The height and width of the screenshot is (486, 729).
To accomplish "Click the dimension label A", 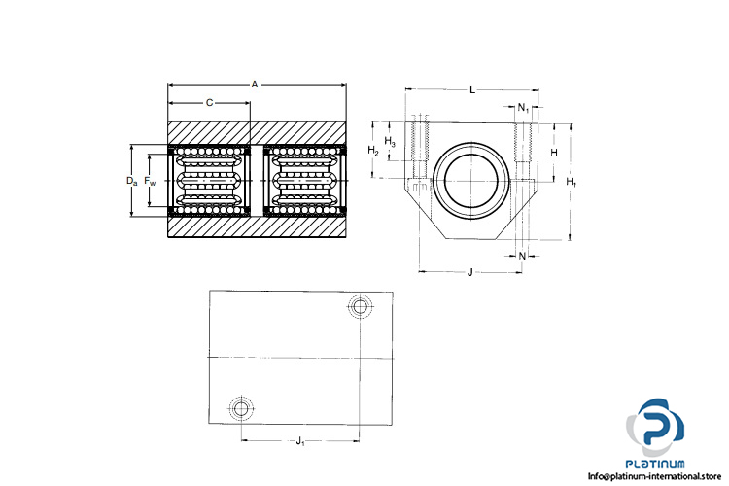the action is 255,85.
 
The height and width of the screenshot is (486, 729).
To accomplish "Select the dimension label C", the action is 209,103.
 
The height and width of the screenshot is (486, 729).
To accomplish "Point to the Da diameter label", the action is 132,181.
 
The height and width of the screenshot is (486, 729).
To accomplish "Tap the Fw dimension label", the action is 150,181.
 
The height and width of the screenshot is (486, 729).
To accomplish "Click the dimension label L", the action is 472,89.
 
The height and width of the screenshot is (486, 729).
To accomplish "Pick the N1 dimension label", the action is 524,108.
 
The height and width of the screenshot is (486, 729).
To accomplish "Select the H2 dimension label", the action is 373,151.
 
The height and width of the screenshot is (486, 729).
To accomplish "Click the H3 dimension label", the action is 390,141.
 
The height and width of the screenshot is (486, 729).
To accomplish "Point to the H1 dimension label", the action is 571,182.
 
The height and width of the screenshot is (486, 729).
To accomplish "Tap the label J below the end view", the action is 470,272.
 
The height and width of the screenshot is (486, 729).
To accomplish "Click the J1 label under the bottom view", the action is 300,441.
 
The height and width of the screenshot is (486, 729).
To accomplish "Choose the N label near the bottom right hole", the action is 522,256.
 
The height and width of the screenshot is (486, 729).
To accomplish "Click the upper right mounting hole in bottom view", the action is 360,306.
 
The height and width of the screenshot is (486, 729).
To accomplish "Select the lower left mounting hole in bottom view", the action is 241,409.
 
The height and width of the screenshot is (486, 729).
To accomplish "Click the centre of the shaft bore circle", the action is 471,181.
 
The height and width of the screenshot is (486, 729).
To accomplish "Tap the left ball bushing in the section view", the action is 209,181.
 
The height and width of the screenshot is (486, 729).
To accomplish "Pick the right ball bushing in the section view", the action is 305,181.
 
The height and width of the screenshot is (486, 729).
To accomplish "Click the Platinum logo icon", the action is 654,428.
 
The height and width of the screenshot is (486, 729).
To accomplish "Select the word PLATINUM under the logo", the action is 654,464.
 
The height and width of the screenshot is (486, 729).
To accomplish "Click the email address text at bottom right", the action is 654,476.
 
